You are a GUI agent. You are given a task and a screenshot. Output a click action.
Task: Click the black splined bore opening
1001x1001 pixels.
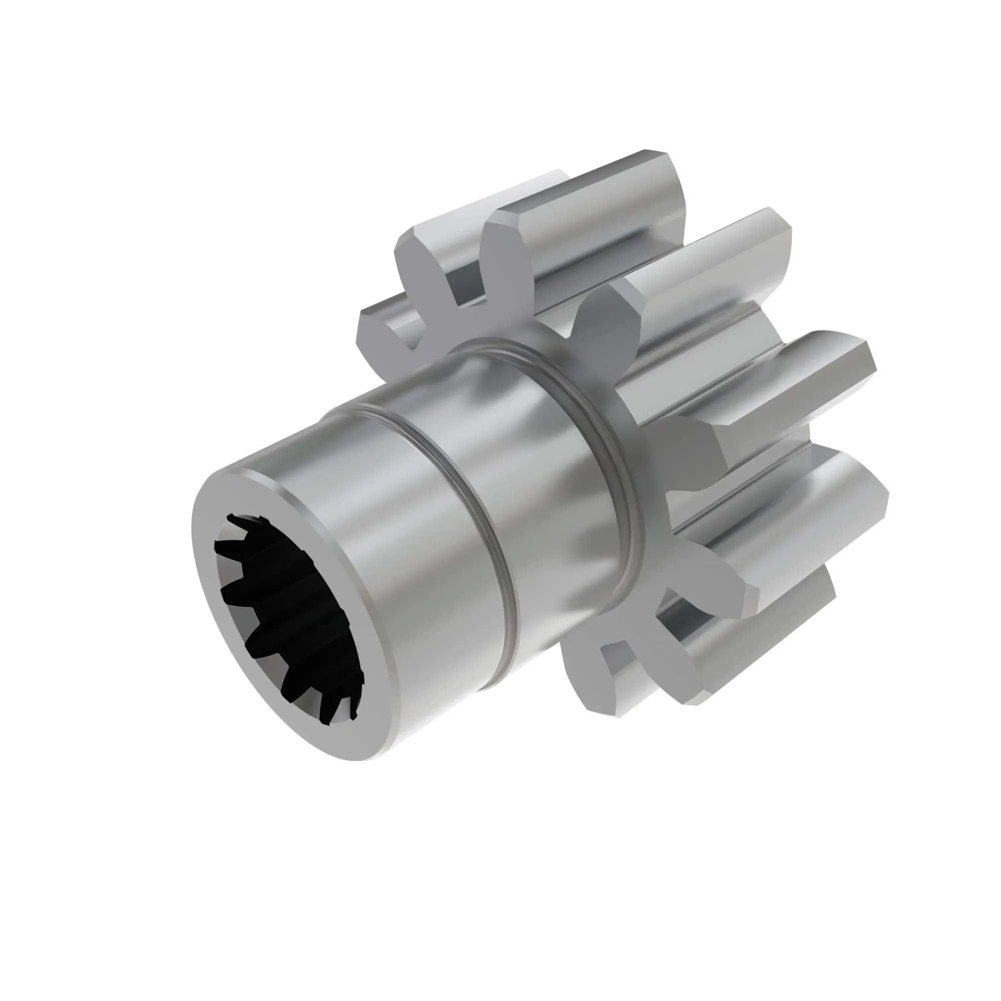click(x=288, y=612)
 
